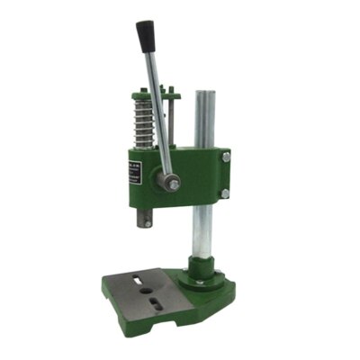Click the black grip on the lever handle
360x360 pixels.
(145, 37)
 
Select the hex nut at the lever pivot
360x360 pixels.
(171, 184)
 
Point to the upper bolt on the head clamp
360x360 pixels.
(226, 157)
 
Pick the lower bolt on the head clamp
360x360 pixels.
(225, 193)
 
